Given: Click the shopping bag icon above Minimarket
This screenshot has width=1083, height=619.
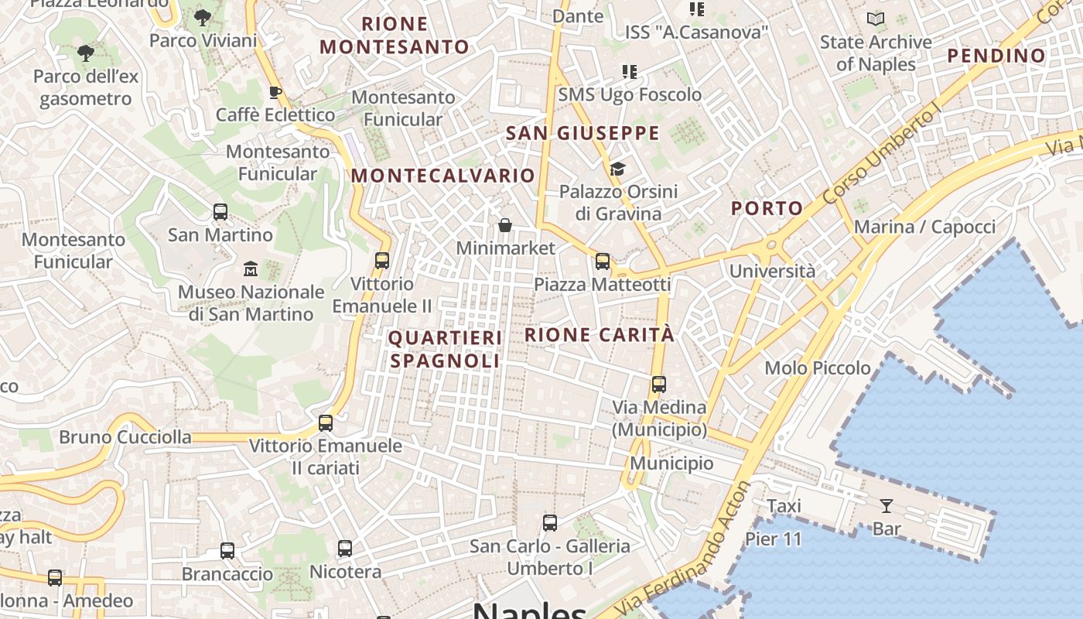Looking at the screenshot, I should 505,225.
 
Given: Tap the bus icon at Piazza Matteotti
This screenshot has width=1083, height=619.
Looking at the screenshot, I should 603,262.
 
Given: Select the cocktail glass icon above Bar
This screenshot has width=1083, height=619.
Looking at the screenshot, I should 887,506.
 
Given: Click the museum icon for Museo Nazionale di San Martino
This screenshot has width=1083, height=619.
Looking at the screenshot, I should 251,269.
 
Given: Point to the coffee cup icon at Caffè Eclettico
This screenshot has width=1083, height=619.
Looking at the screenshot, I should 275,93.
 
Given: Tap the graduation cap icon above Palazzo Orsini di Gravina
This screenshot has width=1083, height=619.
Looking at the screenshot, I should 617,169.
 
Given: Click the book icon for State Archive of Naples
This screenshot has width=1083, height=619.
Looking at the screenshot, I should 876,19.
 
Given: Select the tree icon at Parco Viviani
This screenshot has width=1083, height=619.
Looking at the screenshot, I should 203,18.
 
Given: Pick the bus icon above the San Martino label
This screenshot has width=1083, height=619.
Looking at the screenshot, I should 220,212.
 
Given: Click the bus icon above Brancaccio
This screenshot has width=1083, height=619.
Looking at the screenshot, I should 227,551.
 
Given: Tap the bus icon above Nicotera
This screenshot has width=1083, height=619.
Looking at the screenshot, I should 345,549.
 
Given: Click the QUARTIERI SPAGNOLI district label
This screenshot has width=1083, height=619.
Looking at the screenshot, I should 445,350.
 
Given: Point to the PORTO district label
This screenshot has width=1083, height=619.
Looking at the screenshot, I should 767,208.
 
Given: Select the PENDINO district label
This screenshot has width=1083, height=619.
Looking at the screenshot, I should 996,56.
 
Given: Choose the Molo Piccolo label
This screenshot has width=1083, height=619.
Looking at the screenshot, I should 818,368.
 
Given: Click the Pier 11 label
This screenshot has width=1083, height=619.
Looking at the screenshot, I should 774,539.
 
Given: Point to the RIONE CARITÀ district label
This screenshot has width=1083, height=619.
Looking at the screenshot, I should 600,335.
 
